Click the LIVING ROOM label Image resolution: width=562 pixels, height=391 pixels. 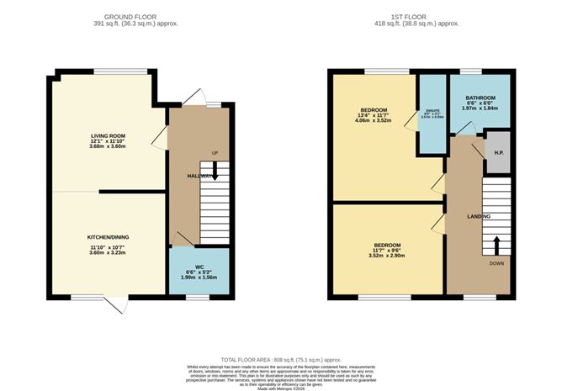pyautogui.click(x=108, y=135)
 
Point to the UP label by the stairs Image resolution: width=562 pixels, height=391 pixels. pyautogui.click(x=215, y=152)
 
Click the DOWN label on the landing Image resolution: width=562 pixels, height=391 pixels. pyautogui.click(x=496, y=262)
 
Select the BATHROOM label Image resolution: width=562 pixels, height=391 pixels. pyautogui.click(x=481, y=98)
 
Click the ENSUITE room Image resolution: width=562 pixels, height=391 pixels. pyautogui.click(x=433, y=116)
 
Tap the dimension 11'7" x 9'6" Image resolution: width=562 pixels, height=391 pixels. pyautogui.click(x=387, y=251)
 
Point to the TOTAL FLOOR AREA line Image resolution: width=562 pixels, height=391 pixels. pyautogui.click(x=281, y=357)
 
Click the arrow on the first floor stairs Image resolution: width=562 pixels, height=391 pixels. pyautogui.click(x=496, y=245)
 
